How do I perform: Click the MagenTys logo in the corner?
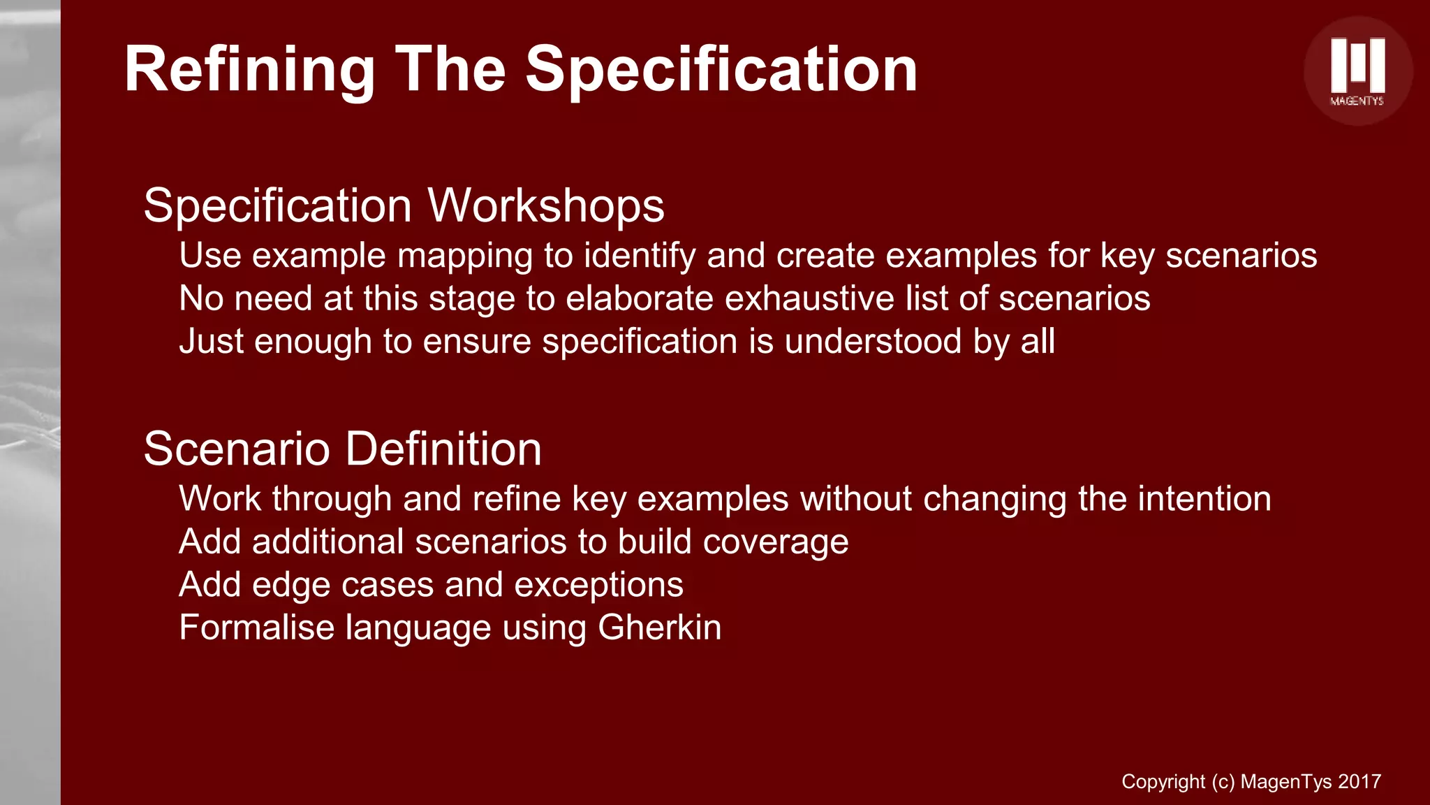1357,71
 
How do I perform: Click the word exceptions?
598,585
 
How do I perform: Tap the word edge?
290,585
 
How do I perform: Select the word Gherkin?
659,628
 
